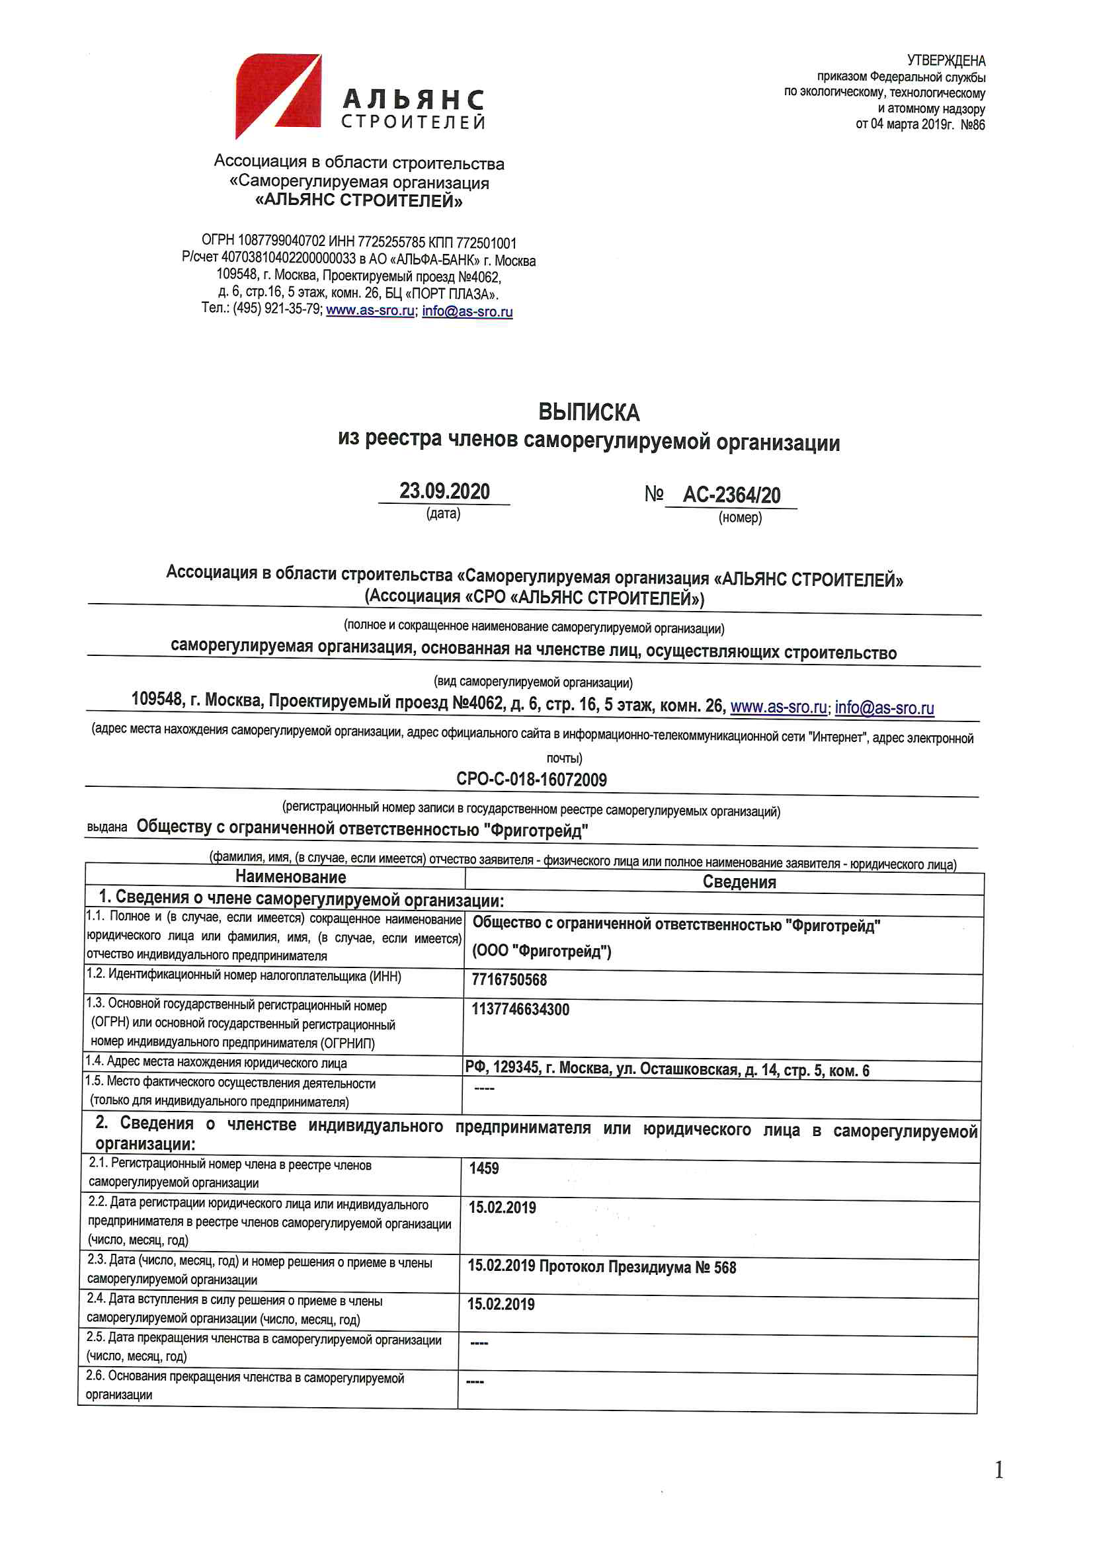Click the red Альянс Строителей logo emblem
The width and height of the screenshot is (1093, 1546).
[x=278, y=96]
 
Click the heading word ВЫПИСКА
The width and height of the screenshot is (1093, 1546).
[x=588, y=412]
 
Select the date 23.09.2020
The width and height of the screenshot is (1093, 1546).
[x=444, y=491]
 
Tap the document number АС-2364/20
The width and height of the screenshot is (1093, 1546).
[x=731, y=495]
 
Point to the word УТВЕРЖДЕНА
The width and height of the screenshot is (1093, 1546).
[x=946, y=61]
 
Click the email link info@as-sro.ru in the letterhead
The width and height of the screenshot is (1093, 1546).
[x=467, y=311]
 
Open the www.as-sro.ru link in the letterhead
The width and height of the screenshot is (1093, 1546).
[x=370, y=310]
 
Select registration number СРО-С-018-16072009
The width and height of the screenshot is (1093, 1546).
[x=532, y=780]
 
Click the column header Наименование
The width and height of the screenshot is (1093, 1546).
[x=290, y=877]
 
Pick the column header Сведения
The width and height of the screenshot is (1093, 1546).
[x=739, y=882]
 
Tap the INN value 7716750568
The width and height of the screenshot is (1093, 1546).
[x=509, y=980]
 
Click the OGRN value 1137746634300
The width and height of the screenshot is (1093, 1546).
[x=520, y=1009]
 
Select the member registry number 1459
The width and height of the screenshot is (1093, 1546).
[x=483, y=1168]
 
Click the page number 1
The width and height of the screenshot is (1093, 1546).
[x=998, y=1470]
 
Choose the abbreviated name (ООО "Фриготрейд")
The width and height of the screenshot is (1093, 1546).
[x=542, y=951]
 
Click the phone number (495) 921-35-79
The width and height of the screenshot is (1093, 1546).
[x=278, y=309]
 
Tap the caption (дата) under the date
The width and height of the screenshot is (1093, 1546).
[x=443, y=514]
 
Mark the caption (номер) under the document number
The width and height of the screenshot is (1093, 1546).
[x=739, y=518]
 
